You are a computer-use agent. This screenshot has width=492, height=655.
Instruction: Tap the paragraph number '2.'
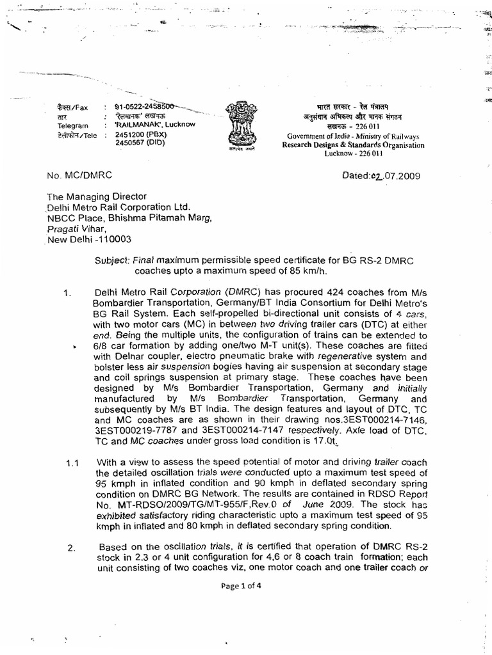point(70,548)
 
